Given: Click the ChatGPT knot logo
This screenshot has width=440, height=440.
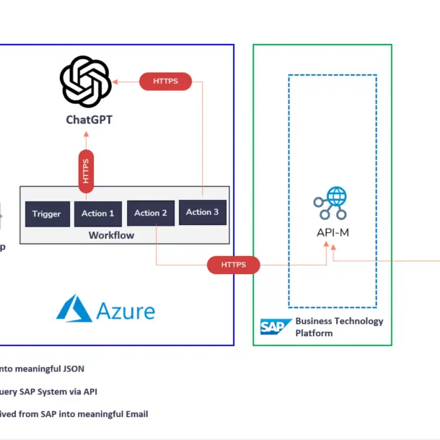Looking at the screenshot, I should coord(85,82).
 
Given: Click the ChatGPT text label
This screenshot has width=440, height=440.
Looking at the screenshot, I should coord(89,120).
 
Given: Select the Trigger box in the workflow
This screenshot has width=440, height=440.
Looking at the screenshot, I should coord(47,214).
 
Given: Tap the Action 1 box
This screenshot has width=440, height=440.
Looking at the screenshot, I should coord(97,214).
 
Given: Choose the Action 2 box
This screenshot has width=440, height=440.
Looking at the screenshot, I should coord(151,213).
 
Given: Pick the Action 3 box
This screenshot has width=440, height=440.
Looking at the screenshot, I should coord(203,212).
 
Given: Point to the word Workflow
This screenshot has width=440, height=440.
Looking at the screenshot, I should coord(111,235).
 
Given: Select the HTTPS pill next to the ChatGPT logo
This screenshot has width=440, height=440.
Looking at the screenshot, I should coord(165,82).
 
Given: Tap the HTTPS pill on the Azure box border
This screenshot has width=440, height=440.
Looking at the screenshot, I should coord(234,265).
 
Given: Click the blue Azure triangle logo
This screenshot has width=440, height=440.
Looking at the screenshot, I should coord(74,308).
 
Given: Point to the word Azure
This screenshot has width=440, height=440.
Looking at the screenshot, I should coord(126,311).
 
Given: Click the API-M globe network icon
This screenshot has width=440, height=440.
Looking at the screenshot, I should coord(330,203).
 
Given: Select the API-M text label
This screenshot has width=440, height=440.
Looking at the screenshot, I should coord(333,232).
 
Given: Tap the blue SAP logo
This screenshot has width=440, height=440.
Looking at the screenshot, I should coord(275,327).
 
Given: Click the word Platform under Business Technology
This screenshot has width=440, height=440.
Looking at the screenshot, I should coord(314,333).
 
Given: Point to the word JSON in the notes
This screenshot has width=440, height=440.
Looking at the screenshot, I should coord(71,369).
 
